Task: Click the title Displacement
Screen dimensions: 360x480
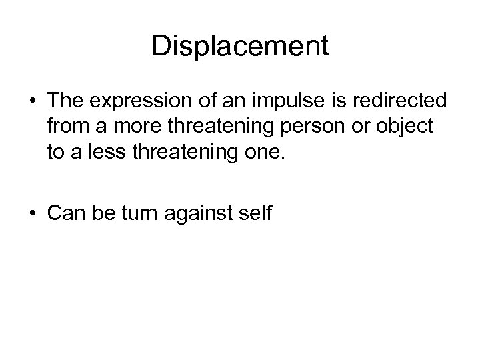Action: (x=240, y=46)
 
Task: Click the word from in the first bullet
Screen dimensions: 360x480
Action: (x=64, y=125)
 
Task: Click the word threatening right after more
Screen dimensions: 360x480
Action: (x=208, y=125)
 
